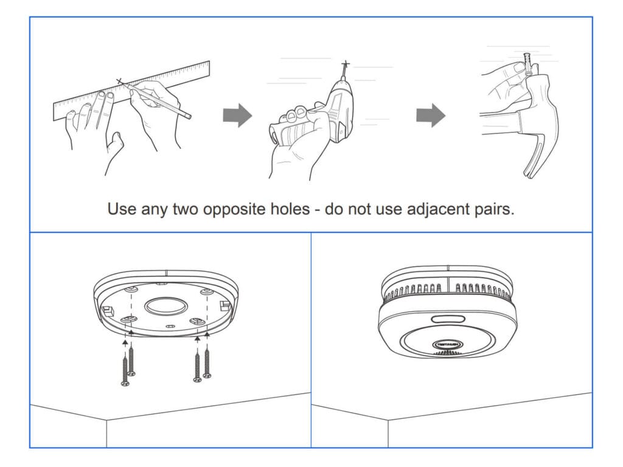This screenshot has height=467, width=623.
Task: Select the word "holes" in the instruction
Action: [x=290, y=209]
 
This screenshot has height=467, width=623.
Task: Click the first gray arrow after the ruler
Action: [x=237, y=115]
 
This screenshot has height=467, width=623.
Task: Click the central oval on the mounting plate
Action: [x=164, y=305]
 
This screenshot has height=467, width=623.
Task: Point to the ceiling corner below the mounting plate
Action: [x=107, y=420]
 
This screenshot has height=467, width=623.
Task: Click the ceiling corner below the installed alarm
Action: [x=388, y=420]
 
